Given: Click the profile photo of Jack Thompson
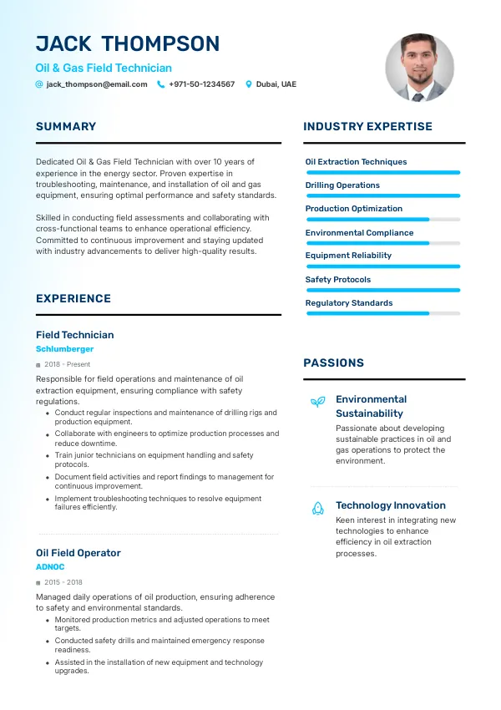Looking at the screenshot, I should pos(419,68).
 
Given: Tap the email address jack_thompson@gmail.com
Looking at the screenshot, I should pos(97,84).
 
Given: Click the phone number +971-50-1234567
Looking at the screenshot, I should pos(201,84).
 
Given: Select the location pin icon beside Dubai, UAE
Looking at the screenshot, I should pos(248,84).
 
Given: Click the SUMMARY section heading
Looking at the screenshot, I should pos(66,127).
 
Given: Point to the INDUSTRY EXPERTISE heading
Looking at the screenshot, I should pos(367,127).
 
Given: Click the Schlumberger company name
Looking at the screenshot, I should pos(64,349).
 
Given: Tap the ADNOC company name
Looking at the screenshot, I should pos(50,566).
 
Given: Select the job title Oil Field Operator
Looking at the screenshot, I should pos(78,553).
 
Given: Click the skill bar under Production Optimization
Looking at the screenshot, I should pos(382,220).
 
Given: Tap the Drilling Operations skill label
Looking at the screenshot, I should pos(342,185).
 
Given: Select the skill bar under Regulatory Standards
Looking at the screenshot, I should pos(382,313).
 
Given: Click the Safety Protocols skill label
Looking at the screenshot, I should pos(338,280).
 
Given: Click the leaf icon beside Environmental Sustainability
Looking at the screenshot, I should pos(318,402).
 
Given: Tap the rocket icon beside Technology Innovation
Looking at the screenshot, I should pos(318,507).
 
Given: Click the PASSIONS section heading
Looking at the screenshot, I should pos(333,363).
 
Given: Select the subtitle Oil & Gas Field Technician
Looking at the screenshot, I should pos(104,68).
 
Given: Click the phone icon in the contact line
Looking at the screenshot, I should pos(161,84).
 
